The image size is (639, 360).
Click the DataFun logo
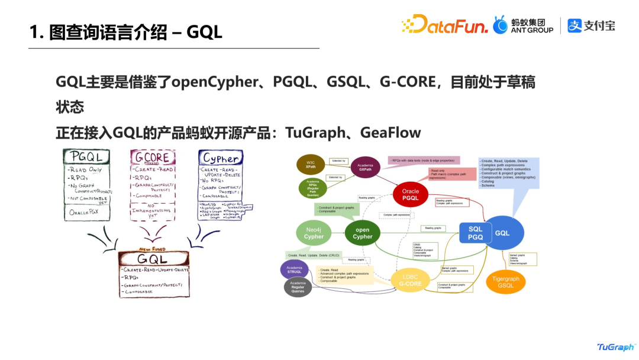pos(445,25)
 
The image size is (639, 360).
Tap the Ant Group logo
pos(524,25)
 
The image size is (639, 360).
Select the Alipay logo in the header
pos(591,25)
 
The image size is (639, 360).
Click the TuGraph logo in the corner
pos(615,347)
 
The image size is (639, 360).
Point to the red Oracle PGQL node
pos(410,195)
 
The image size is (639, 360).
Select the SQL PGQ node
pos(475,233)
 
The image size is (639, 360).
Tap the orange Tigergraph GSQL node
pos(505,281)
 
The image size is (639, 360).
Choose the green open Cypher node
pos(363,233)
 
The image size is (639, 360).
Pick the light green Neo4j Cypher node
pos(314,233)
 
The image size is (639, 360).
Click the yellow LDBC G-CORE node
pos(409,280)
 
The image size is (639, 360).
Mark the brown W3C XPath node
pos(311,164)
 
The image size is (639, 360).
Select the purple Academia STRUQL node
pos(294,269)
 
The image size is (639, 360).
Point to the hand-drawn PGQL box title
pos(86,157)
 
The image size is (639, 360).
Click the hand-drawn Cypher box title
pos(221,158)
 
